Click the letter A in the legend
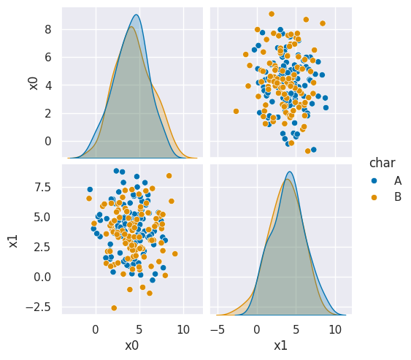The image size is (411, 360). point(397,180)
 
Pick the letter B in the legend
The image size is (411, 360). point(397,196)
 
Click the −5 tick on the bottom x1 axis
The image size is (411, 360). point(218,329)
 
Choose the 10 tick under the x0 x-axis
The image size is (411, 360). point(183,329)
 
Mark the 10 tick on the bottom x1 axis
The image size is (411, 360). point(334,329)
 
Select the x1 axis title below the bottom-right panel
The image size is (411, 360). point(280,345)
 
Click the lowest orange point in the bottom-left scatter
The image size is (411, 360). point(114,308)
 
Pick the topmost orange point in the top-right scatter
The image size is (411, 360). point(272,14)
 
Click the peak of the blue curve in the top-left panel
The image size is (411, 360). point(136,15)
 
